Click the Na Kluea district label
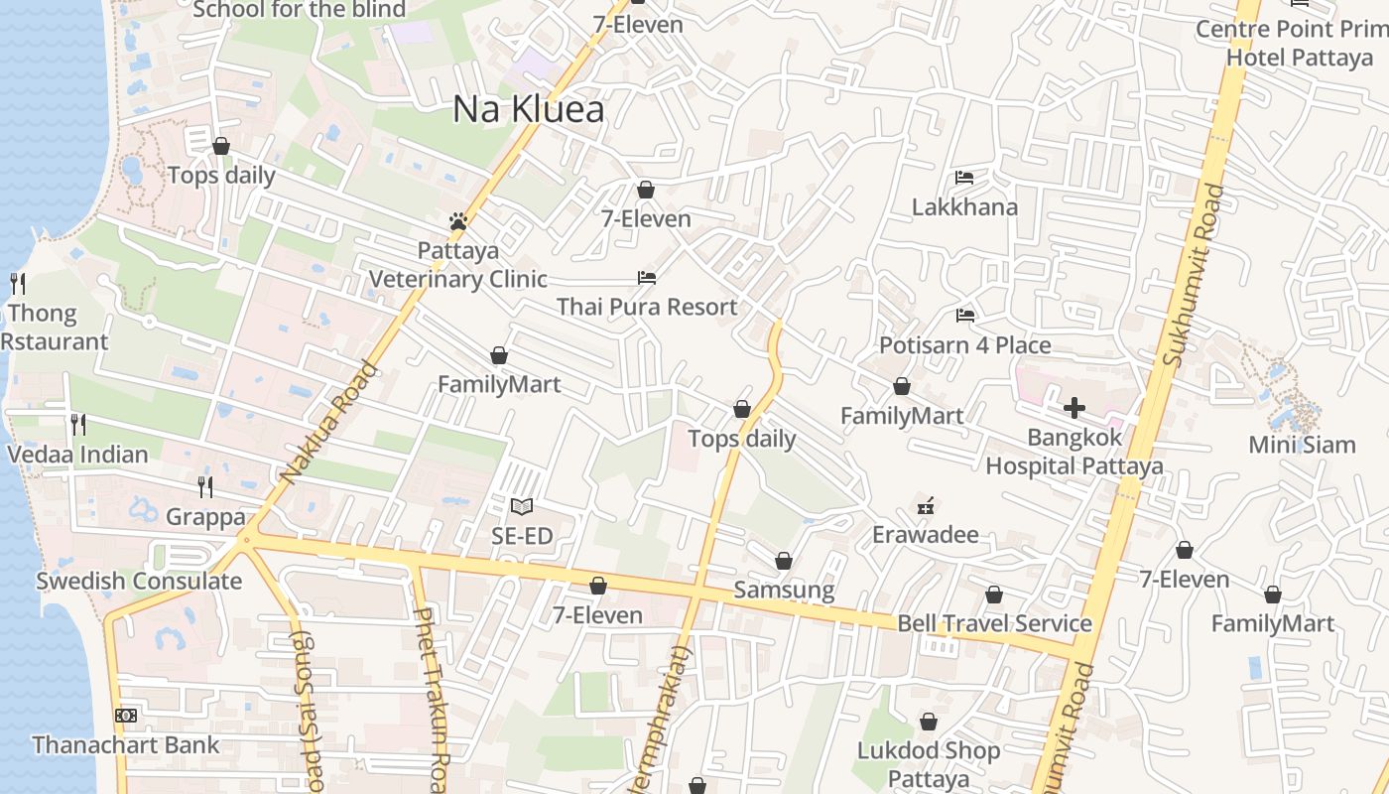click(528, 109)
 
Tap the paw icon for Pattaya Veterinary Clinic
click(457, 221)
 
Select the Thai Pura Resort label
click(647, 307)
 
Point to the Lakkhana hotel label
click(964, 206)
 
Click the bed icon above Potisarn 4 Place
click(964, 316)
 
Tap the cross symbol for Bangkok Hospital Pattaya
click(1073, 407)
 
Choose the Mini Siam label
click(1302, 444)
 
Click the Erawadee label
click(925, 535)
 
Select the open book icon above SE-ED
click(521, 507)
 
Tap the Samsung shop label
click(784, 590)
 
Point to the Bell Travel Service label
click(994, 623)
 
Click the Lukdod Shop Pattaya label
click(929, 764)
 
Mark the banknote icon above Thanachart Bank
click(126, 716)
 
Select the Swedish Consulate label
click(139, 581)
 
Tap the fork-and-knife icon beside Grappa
click(204, 486)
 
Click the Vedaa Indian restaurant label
click(77, 455)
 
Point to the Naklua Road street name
click(329, 423)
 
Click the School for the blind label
click(299, 10)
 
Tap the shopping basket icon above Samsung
click(784, 561)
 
